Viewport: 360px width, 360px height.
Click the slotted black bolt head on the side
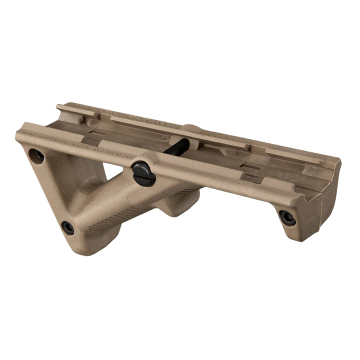click(x=144, y=173)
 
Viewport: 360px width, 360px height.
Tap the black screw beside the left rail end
click(x=36, y=156)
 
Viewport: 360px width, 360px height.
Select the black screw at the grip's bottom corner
click(x=67, y=228)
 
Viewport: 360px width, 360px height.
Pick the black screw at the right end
click(x=287, y=217)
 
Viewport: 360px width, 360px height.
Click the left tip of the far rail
click(x=59, y=106)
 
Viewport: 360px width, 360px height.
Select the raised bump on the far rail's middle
click(x=192, y=128)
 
